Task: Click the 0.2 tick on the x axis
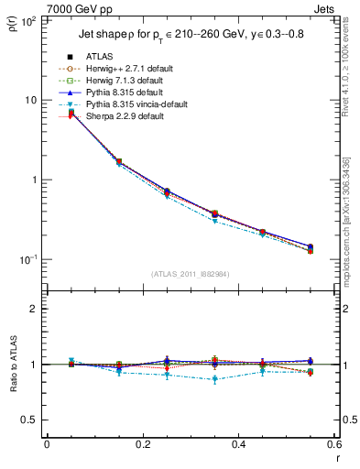pyautogui.click(x=142, y=445)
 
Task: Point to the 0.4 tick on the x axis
pyautogui.click(x=238, y=445)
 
